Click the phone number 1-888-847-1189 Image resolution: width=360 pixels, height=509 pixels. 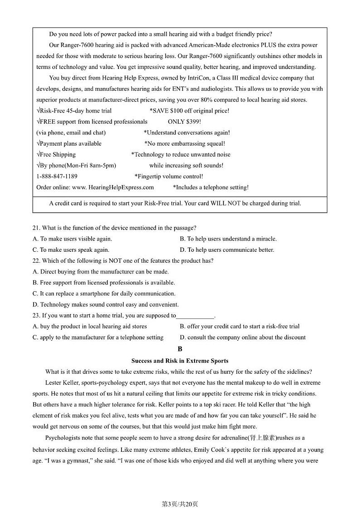pyautogui.click(x=57, y=176)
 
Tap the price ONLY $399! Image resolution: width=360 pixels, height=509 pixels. pyautogui.click(x=185, y=122)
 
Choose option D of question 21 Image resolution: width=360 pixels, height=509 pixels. pyautogui.click(x=227, y=250)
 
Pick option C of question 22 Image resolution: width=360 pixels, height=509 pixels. pyautogui.click(x=104, y=294)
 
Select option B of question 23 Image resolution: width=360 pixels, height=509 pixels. pyautogui.click(x=239, y=326)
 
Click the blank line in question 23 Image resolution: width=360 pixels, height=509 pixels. pyautogui.click(x=195, y=316)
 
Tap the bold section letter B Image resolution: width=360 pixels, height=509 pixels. pyautogui.click(x=180, y=349)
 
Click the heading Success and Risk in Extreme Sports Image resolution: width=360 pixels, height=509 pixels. pyautogui.click(x=180, y=361)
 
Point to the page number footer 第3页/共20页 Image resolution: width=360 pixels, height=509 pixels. pyautogui.click(x=180, y=491)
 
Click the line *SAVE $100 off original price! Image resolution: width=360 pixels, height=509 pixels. pyautogui.click(x=189, y=111)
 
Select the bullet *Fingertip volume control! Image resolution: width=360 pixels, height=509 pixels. pyautogui.click(x=169, y=176)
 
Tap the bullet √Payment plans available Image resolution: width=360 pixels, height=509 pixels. pyautogui.click(x=69, y=144)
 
